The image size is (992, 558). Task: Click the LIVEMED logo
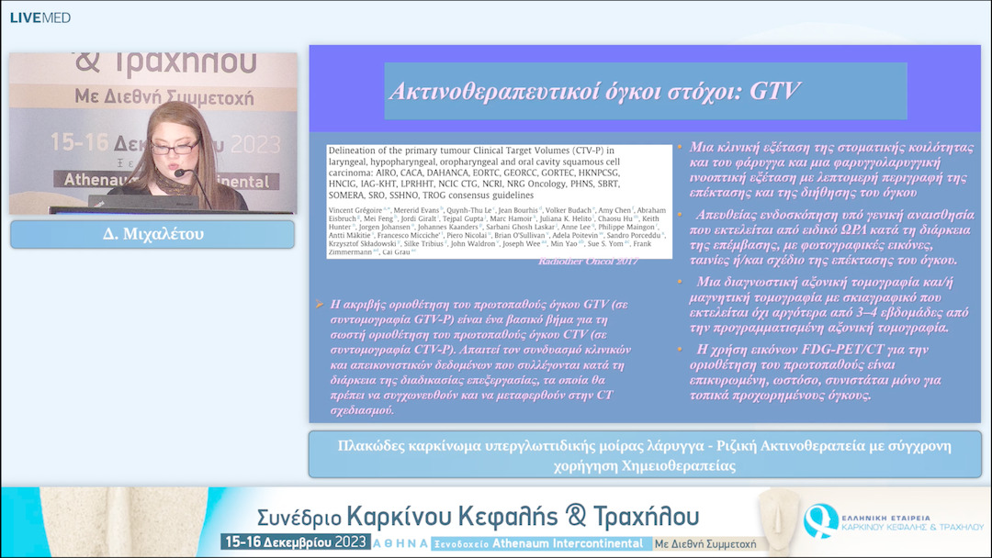[x=39, y=17]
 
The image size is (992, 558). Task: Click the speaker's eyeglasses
[x=175, y=147]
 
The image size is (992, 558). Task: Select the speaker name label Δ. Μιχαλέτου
[x=152, y=235]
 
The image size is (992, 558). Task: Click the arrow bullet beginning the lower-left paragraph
[x=319, y=304]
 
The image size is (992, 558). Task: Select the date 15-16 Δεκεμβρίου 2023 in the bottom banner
[x=295, y=542]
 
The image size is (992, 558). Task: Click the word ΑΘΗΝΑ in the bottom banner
[x=400, y=543]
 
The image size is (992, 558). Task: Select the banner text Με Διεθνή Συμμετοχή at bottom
[x=705, y=543]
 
